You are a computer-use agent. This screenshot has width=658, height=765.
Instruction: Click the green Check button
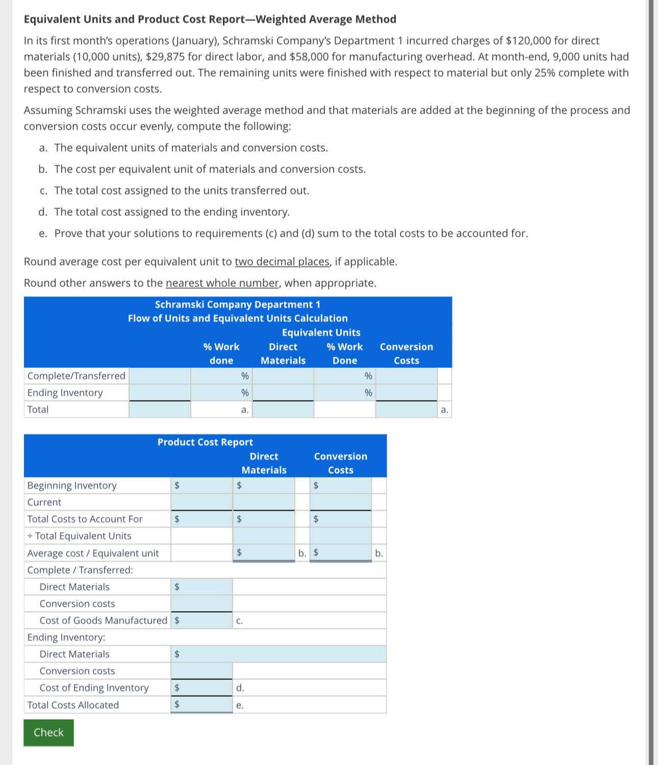click(x=48, y=732)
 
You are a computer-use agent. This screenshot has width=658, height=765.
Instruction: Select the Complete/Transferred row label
click(x=76, y=376)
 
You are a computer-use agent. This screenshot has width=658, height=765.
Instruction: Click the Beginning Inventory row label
click(x=72, y=485)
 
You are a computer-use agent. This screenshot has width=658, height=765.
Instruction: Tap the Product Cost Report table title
click(x=205, y=442)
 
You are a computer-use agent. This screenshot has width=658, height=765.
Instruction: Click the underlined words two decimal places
click(x=282, y=261)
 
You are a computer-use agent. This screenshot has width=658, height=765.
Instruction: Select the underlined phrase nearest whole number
click(x=222, y=283)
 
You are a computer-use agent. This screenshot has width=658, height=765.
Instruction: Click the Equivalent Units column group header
click(x=321, y=332)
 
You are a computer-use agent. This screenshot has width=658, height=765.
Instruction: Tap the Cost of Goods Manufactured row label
click(x=103, y=620)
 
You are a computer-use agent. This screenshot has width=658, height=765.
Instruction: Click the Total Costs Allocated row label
click(x=73, y=705)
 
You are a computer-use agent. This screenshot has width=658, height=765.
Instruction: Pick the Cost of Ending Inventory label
click(x=94, y=688)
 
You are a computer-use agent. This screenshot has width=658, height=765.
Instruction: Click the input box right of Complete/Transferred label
click(x=160, y=376)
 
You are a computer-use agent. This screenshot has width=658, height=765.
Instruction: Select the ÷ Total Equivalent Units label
click(x=79, y=536)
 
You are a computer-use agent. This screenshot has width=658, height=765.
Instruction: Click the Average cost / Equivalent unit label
click(x=93, y=553)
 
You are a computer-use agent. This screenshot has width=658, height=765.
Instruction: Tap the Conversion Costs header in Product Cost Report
click(x=340, y=463)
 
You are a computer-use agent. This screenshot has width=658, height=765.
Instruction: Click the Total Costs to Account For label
click(x=85, y=519)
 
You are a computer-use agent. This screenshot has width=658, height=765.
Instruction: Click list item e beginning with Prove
click(x=291, y=233)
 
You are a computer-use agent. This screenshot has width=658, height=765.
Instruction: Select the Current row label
click(x=44, y=502)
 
